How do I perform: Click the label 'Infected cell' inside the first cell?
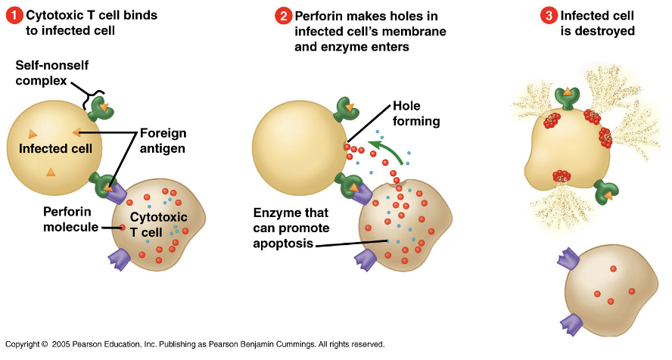pyautogui.click(x=55, y=149)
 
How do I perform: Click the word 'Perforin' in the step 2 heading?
pyautogui.click(x=319, y=16)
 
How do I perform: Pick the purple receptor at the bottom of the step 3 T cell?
pyautogui.click(x=571, y=324)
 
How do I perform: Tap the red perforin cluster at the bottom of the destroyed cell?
pyautogui.click(x=561, y=177)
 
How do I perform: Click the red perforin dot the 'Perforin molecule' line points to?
pyautogui.click(x=123, y=226)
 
